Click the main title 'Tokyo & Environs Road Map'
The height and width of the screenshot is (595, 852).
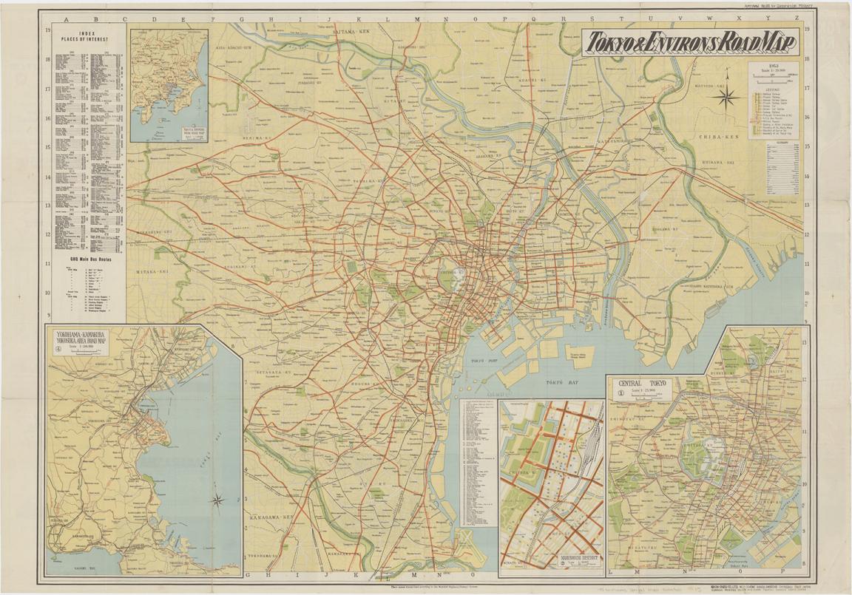[689, 44]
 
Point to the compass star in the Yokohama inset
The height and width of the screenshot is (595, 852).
[217, 500]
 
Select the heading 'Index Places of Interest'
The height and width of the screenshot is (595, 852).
[87, 38]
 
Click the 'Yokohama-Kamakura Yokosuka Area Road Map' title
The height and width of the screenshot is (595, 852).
[81, 343]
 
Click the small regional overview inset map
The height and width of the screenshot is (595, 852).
[169, 85]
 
